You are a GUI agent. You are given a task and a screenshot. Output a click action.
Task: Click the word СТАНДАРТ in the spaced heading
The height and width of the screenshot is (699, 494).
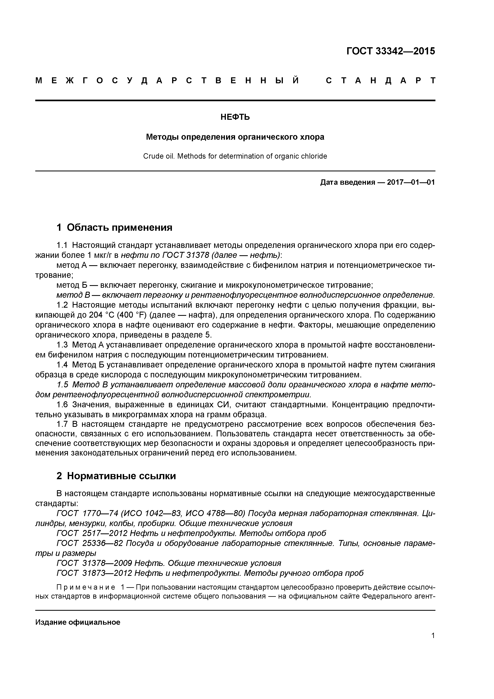pyautogui.click(x=380, y=81)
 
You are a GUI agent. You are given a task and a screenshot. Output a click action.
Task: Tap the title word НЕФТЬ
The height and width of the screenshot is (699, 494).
pyautogui.click(x=235, y=117)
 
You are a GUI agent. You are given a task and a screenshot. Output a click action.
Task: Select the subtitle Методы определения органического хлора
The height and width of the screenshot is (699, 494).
pyautogui.click(x=235, y=137)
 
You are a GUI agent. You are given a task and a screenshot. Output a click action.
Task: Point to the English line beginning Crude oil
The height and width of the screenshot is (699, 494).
pyautogui.click(x=235, y=156)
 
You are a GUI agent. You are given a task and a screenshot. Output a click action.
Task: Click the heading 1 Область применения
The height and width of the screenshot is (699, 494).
pyautogui.click(x=115, y=227)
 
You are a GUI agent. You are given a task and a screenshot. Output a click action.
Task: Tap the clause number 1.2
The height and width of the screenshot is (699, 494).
pyautogui.click(x=63, y=305)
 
